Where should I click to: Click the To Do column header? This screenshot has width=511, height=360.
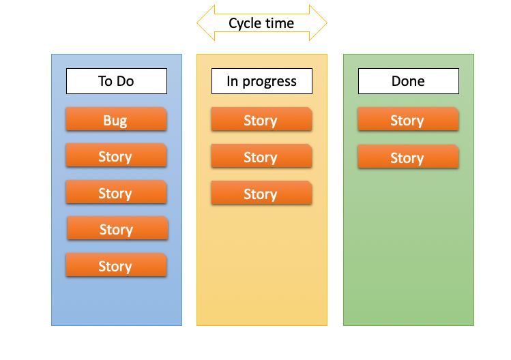(116, 81)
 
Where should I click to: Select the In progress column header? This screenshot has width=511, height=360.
(261, 81)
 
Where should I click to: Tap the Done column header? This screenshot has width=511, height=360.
(408, 81)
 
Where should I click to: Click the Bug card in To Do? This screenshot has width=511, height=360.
(116, 120)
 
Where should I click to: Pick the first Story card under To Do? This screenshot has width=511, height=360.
(116, 156)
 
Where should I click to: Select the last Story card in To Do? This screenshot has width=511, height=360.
(116, 265)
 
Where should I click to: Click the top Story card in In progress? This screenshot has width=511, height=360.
(261, 120)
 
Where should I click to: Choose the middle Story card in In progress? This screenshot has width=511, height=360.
(261, 157)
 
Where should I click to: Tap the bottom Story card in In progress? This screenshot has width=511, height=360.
(261, 194)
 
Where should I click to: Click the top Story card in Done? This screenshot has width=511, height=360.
(408, 120)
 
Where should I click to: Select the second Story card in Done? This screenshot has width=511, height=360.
(408, 157)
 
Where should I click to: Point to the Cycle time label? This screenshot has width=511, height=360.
(261, 23)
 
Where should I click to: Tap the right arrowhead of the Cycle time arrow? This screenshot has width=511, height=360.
(319, 23)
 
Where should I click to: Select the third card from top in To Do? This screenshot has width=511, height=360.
(116, 193)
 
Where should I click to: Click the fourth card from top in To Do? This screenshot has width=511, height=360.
(117, 229)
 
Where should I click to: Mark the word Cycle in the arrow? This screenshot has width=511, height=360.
(244, 23)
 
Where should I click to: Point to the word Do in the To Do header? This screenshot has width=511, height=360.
(126, 81)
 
